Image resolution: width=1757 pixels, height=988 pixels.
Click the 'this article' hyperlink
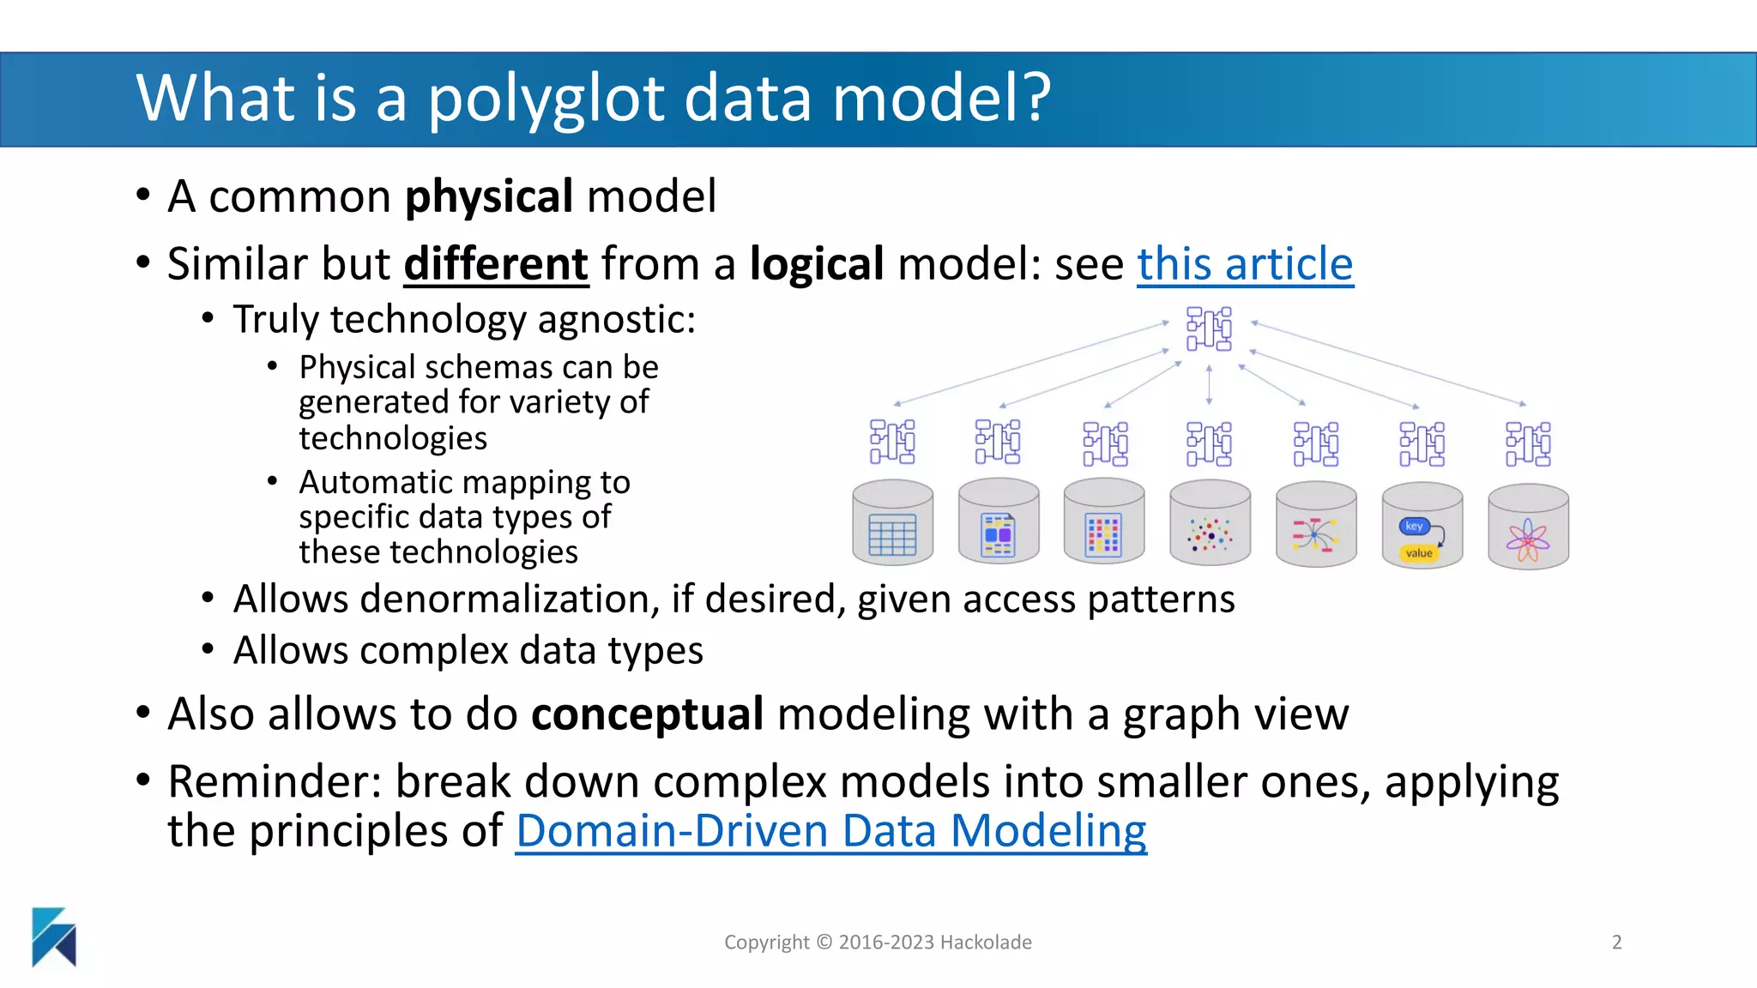1245,264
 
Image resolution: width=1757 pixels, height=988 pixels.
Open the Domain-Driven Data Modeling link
830,831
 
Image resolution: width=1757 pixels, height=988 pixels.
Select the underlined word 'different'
496,264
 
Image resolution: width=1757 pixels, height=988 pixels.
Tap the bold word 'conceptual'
647,714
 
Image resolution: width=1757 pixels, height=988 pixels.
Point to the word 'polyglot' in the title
546,98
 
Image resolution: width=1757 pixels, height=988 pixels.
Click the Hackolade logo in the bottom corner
53,937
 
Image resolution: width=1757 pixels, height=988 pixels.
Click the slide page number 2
1616,942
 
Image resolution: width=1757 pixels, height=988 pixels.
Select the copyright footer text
878,942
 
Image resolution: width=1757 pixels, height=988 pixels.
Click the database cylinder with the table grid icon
892,522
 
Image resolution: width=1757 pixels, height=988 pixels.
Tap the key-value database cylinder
1422,525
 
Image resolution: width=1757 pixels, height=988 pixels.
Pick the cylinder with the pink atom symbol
1528,527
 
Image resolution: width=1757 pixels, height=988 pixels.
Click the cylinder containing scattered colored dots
1210,523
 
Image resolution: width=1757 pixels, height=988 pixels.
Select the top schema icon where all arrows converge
1209,328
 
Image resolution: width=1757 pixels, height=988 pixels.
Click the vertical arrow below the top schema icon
1209,384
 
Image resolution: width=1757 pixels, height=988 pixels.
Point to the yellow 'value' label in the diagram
1419,553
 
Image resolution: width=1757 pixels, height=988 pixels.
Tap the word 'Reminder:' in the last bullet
275,782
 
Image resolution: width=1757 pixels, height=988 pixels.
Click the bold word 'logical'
816,264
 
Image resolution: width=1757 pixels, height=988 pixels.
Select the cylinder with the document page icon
998,522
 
